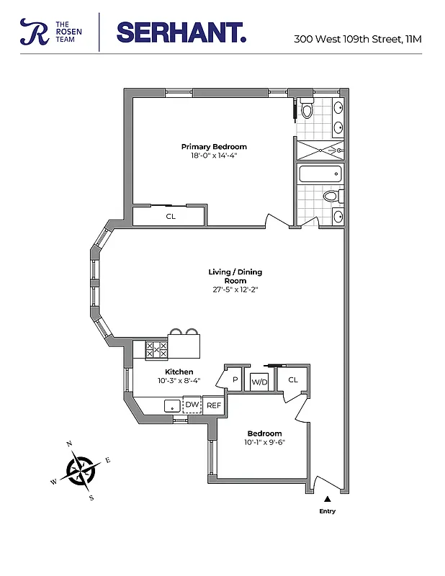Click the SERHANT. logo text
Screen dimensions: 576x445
click(181, 32)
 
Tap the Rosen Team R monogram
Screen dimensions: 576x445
click(33, 32)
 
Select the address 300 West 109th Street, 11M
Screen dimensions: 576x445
click(357, 39)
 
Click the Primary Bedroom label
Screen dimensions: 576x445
click(214, 147)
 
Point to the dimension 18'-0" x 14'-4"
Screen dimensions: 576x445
click(214, 156)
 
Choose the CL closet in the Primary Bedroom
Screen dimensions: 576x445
click(171, 216)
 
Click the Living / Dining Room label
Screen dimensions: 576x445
click(235, 276)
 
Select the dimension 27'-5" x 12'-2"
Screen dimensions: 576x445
click(235, 289)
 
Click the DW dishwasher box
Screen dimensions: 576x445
click(192, 405)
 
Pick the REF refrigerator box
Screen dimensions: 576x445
click(214, 406)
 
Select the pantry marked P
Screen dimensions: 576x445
click(235, 379)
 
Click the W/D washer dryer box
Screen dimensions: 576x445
click(259, 381)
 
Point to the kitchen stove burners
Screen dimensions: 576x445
click(156, 350)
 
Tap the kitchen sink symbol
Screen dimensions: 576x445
click(171, 405)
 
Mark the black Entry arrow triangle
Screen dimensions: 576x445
click(328, 498)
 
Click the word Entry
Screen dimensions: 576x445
click(328, 511)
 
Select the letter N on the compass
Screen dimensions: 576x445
click(69, 444)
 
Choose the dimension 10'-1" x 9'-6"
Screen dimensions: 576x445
click(264, 442)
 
